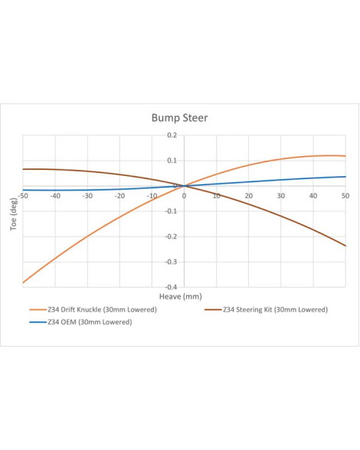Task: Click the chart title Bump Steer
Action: [179, 118]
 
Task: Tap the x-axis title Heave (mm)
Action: [181, 296]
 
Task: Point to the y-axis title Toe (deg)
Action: [14, 214]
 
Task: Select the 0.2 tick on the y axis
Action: [172, 135]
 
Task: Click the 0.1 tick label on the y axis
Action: [172, 161]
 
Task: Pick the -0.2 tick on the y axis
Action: [171, 236]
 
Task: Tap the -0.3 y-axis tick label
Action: [171, 262]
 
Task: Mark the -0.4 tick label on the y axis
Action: [171, 287]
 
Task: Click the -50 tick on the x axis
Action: [23, 196]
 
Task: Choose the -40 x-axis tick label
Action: [55, 196]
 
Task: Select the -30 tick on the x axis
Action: [87, 196]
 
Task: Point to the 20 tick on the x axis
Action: [249, 196]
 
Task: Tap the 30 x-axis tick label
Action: [281, 196]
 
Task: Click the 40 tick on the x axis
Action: [313, 196]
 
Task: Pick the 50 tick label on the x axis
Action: [345, 196]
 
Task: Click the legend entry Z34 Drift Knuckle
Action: [93, 310]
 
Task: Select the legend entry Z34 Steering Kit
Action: [266, 310]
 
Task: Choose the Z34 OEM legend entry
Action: [80, 322]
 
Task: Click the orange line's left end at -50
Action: [23, 282]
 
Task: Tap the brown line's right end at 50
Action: [345, 246]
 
